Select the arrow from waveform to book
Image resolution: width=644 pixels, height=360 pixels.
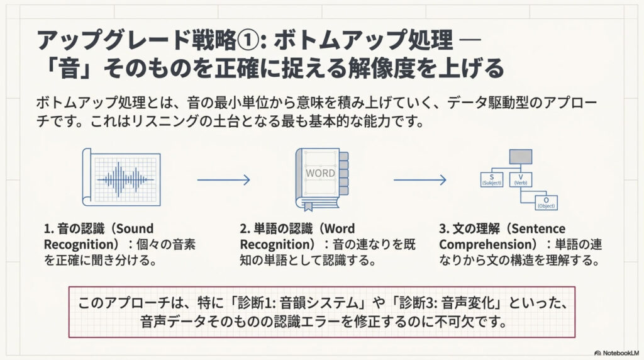click(223, 181)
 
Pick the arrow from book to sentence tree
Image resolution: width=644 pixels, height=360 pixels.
click(419, 181)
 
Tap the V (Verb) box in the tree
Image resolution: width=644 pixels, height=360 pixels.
click(520, 179)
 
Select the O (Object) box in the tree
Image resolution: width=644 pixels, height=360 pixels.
click(546, 203)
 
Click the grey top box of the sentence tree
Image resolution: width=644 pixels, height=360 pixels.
click(520, 157)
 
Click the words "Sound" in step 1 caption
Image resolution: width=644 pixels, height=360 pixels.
click(135, 228)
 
